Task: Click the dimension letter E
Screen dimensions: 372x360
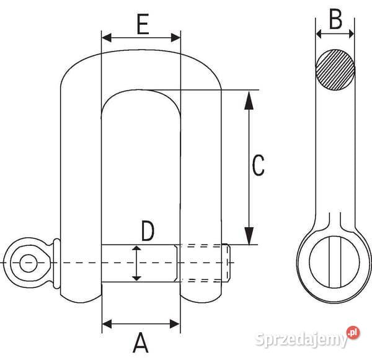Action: point(143,24)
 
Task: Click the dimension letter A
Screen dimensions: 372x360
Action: point(141,342)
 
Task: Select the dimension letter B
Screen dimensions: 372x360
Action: point(335,19)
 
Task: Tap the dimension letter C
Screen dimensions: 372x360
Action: point(258,165)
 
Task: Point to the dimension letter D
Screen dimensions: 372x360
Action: point(148,230)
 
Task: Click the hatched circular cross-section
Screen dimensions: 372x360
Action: point(335,70)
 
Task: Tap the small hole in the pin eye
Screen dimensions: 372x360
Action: point(29,263)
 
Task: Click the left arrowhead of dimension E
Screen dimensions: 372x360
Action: point(106,37)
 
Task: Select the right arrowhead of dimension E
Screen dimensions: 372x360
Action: point(176,37)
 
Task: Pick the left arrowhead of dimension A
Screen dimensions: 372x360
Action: point(107,323)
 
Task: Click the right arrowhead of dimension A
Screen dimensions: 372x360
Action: point(175,323)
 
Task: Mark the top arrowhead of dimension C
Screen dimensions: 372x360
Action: point(249,100)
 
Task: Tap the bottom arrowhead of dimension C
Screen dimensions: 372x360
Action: point(249,236)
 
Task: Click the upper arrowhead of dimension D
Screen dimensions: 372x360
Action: point(136,248)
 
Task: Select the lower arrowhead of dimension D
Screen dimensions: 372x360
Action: point(136,279)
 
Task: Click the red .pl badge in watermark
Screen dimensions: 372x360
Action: point(353,333)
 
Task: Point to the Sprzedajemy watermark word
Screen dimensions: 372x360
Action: point(301,340)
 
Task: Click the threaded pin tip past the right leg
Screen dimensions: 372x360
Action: point(226,263)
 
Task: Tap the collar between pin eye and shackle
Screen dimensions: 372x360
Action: point(56,263)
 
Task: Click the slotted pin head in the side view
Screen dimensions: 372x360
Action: point(335,262)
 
